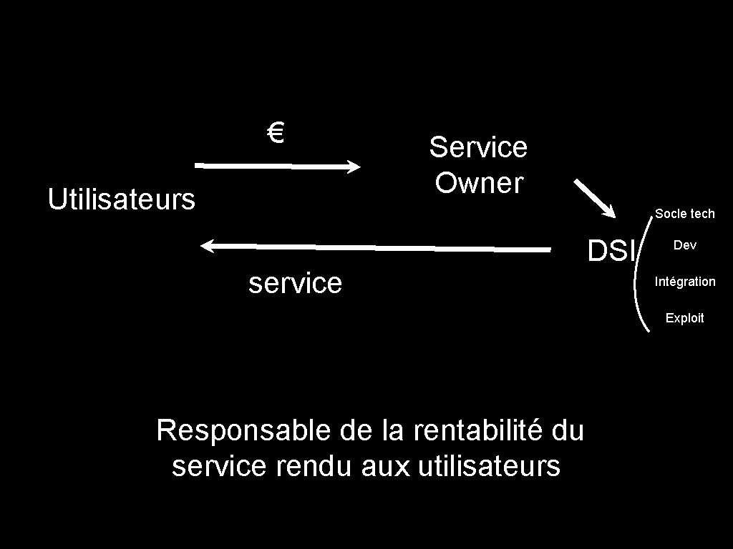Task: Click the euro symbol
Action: [x=276, y=132]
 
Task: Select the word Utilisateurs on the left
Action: [x=121, y=199]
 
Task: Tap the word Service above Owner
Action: [x=478, y=147]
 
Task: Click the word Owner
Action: [x=479, y=183]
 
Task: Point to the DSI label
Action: [x=611, y=251]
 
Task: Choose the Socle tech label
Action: [x=684, y=214]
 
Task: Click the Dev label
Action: [x=684, y=245]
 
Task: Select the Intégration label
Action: [x=684, y=282]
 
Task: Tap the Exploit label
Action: [x=684, y=318]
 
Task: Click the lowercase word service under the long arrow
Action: [x=295, y=283]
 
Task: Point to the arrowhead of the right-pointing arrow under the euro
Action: [x=354, y=167]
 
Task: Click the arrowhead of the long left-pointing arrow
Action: [x=208, y=246]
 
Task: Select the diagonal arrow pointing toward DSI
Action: [x=594, y=198]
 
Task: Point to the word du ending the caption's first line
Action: [x=568, y=431]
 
